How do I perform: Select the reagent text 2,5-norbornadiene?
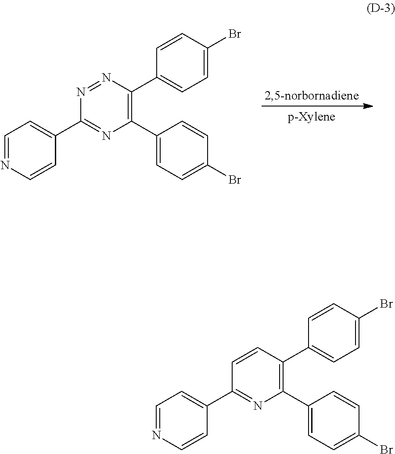click(311, 96)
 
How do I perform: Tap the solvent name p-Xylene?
click(311, 117)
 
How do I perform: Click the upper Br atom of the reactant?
click(233, 34)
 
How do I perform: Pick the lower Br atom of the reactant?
click(233, 180)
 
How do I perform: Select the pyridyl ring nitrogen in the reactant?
click(5, 165)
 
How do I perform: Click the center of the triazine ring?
click(106, 107)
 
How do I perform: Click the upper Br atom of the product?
click(386, 304)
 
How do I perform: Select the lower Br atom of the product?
click(386, 449)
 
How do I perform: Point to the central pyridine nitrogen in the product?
click(258, 406)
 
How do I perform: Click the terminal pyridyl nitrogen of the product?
click(157, 435)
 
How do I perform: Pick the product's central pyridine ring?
click(258, 377)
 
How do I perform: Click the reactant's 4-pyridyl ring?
click(30, 151)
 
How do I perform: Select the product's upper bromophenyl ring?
click(334, 333)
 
